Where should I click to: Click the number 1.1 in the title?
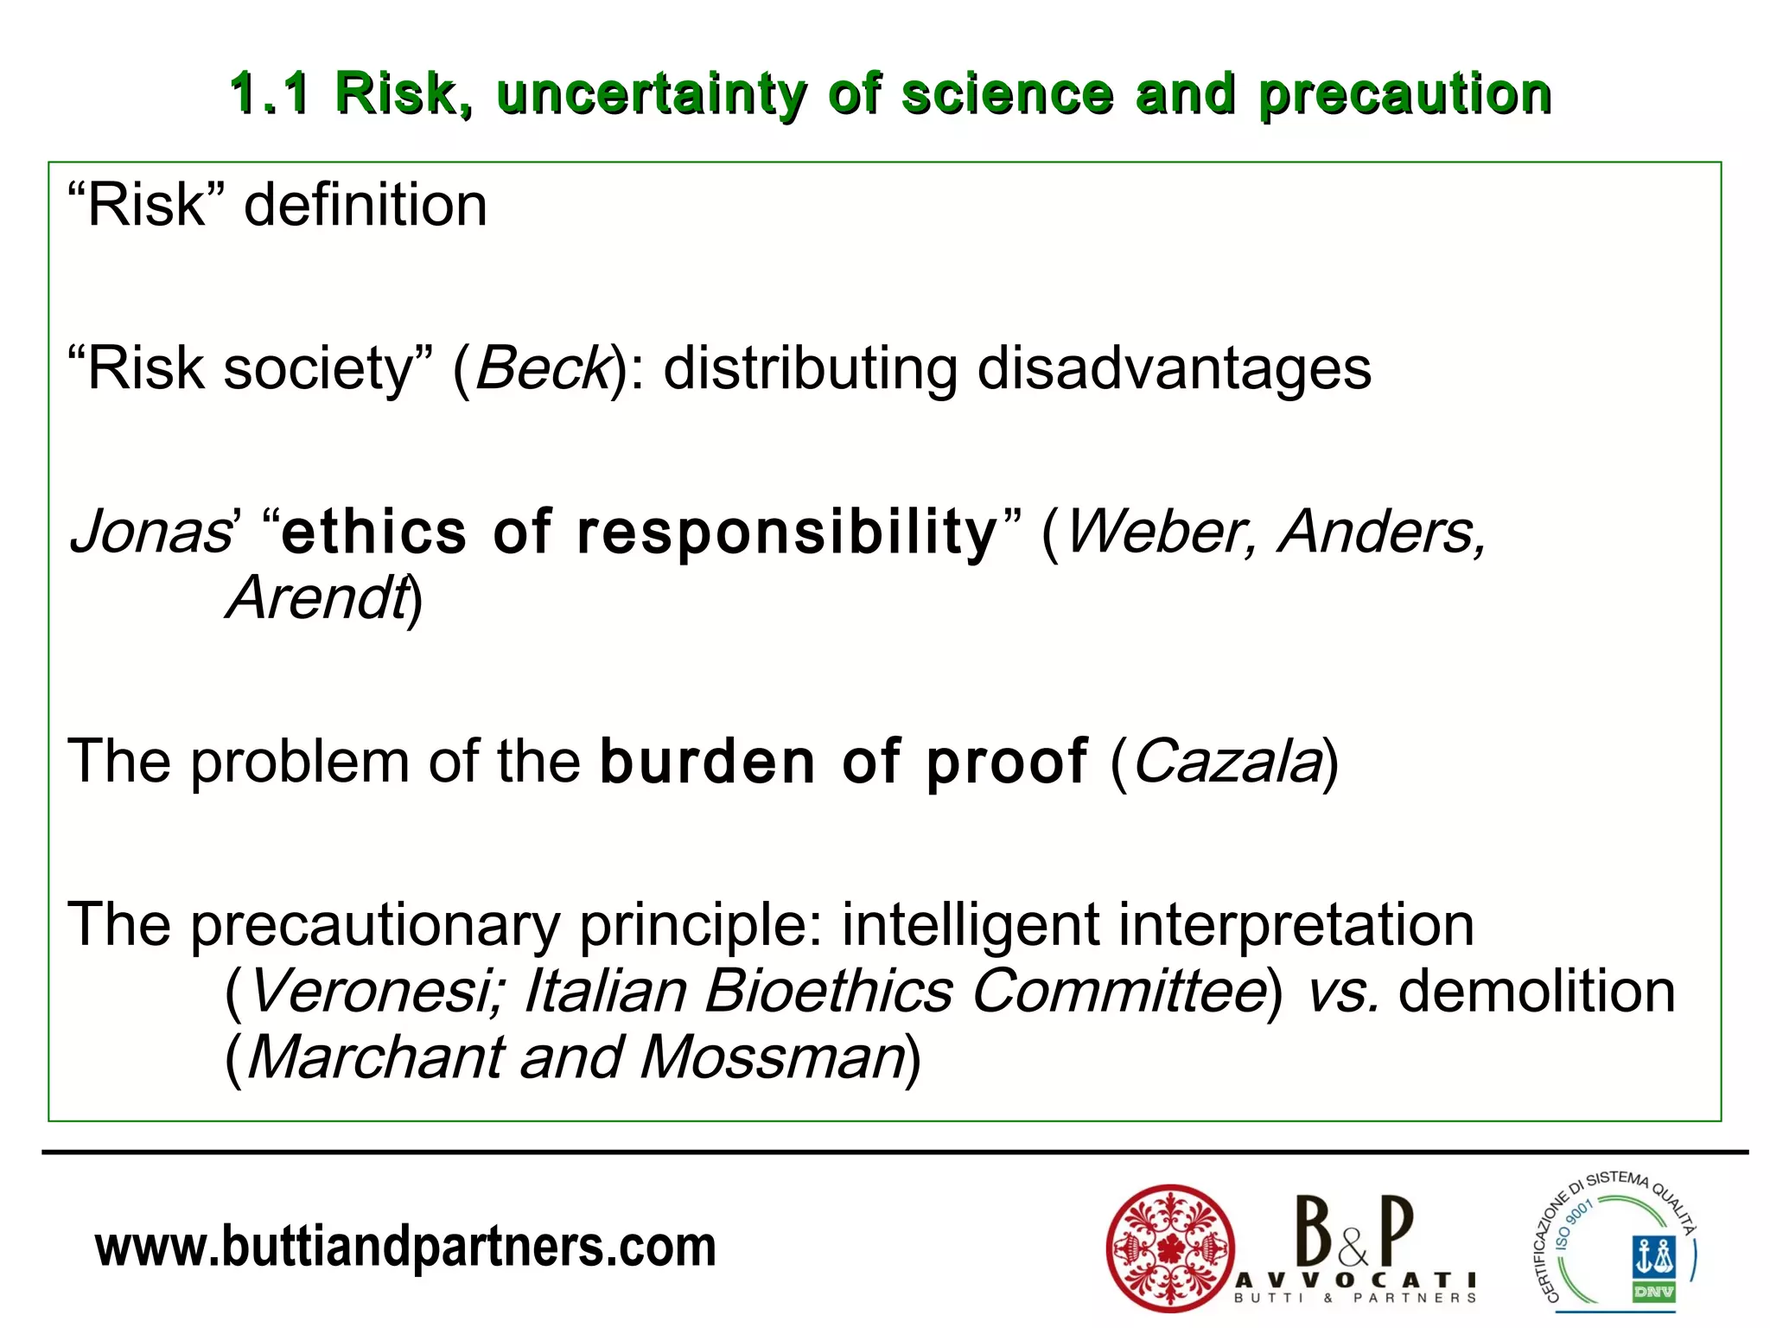tap(269, 93)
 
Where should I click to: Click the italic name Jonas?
tap(150, 532)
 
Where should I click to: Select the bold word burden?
tap(708, 763)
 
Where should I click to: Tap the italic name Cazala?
tap(1227, 763)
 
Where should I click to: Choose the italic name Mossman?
tap(773, 1057)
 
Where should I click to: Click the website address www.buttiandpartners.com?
tap(405, 1247)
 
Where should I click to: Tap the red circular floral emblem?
tap(1170, 1248)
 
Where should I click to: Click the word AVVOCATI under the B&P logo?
tap(1354, 1280)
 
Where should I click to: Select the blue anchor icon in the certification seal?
tap(1653, 1255)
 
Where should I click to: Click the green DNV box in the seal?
tap(1653, 1293)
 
